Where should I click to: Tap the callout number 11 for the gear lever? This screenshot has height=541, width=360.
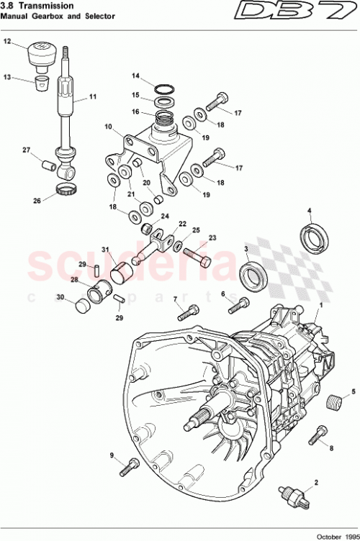click(92, 98)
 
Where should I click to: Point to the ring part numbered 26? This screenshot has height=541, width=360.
click(66, 191)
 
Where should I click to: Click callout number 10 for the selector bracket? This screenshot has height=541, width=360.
click(109, 127)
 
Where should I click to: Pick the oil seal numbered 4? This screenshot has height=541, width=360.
click(315, 238)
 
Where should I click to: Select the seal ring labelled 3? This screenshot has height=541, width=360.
click(251, 274)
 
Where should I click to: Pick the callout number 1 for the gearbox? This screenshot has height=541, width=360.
click(321, 306)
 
